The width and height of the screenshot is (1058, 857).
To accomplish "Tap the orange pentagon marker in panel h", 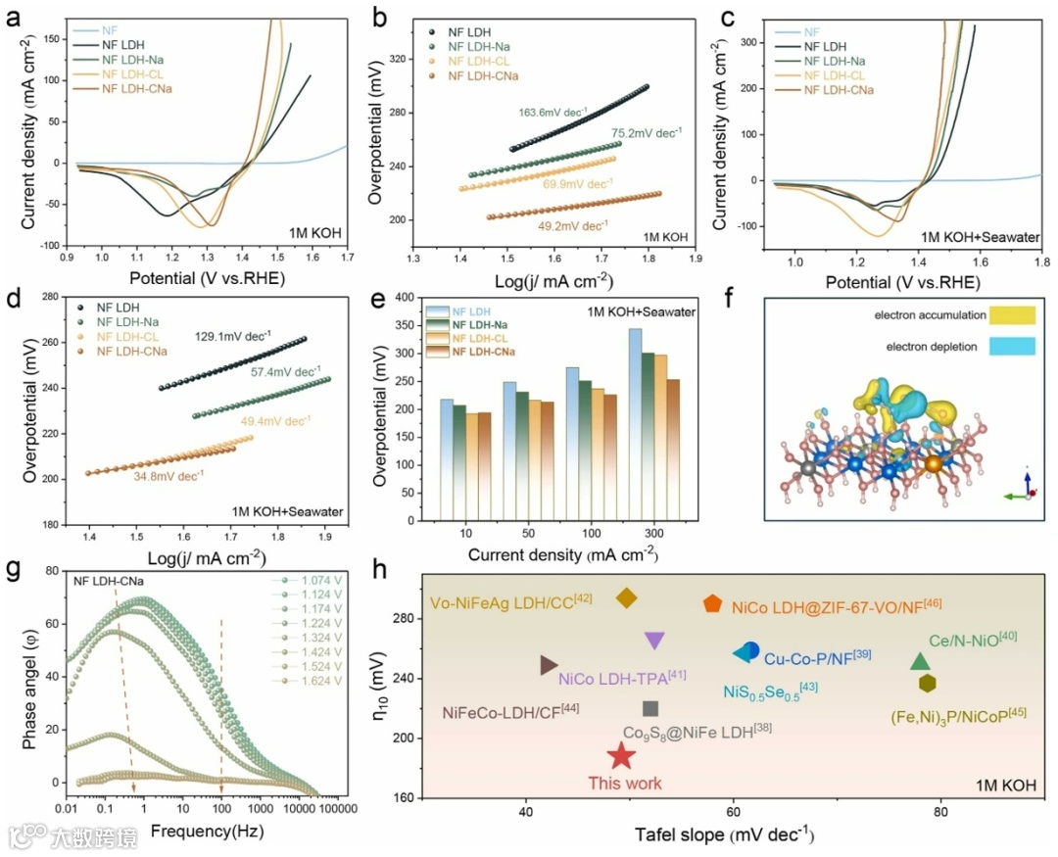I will [712, 604].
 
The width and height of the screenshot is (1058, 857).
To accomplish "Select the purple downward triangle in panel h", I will [654, 641].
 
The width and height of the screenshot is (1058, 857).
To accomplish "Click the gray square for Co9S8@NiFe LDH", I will [650, 708].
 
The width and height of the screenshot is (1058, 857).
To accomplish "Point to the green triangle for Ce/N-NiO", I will [920, 662].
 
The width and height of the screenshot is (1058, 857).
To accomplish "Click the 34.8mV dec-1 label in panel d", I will [168, 477].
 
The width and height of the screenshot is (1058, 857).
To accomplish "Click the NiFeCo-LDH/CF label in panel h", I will [510, 710].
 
